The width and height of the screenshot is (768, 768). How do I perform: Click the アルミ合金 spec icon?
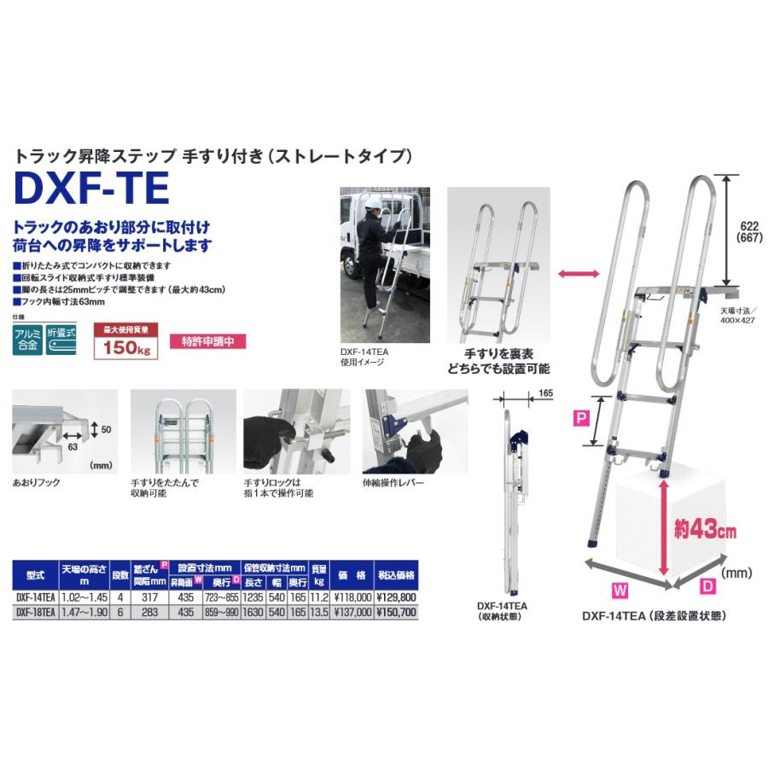[x=27, y=341]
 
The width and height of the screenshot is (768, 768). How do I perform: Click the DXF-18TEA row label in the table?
[x=35, y=612]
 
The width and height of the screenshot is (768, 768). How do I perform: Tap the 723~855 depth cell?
[x=224, y=598]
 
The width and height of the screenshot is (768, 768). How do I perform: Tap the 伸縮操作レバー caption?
[x=394, y=484]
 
